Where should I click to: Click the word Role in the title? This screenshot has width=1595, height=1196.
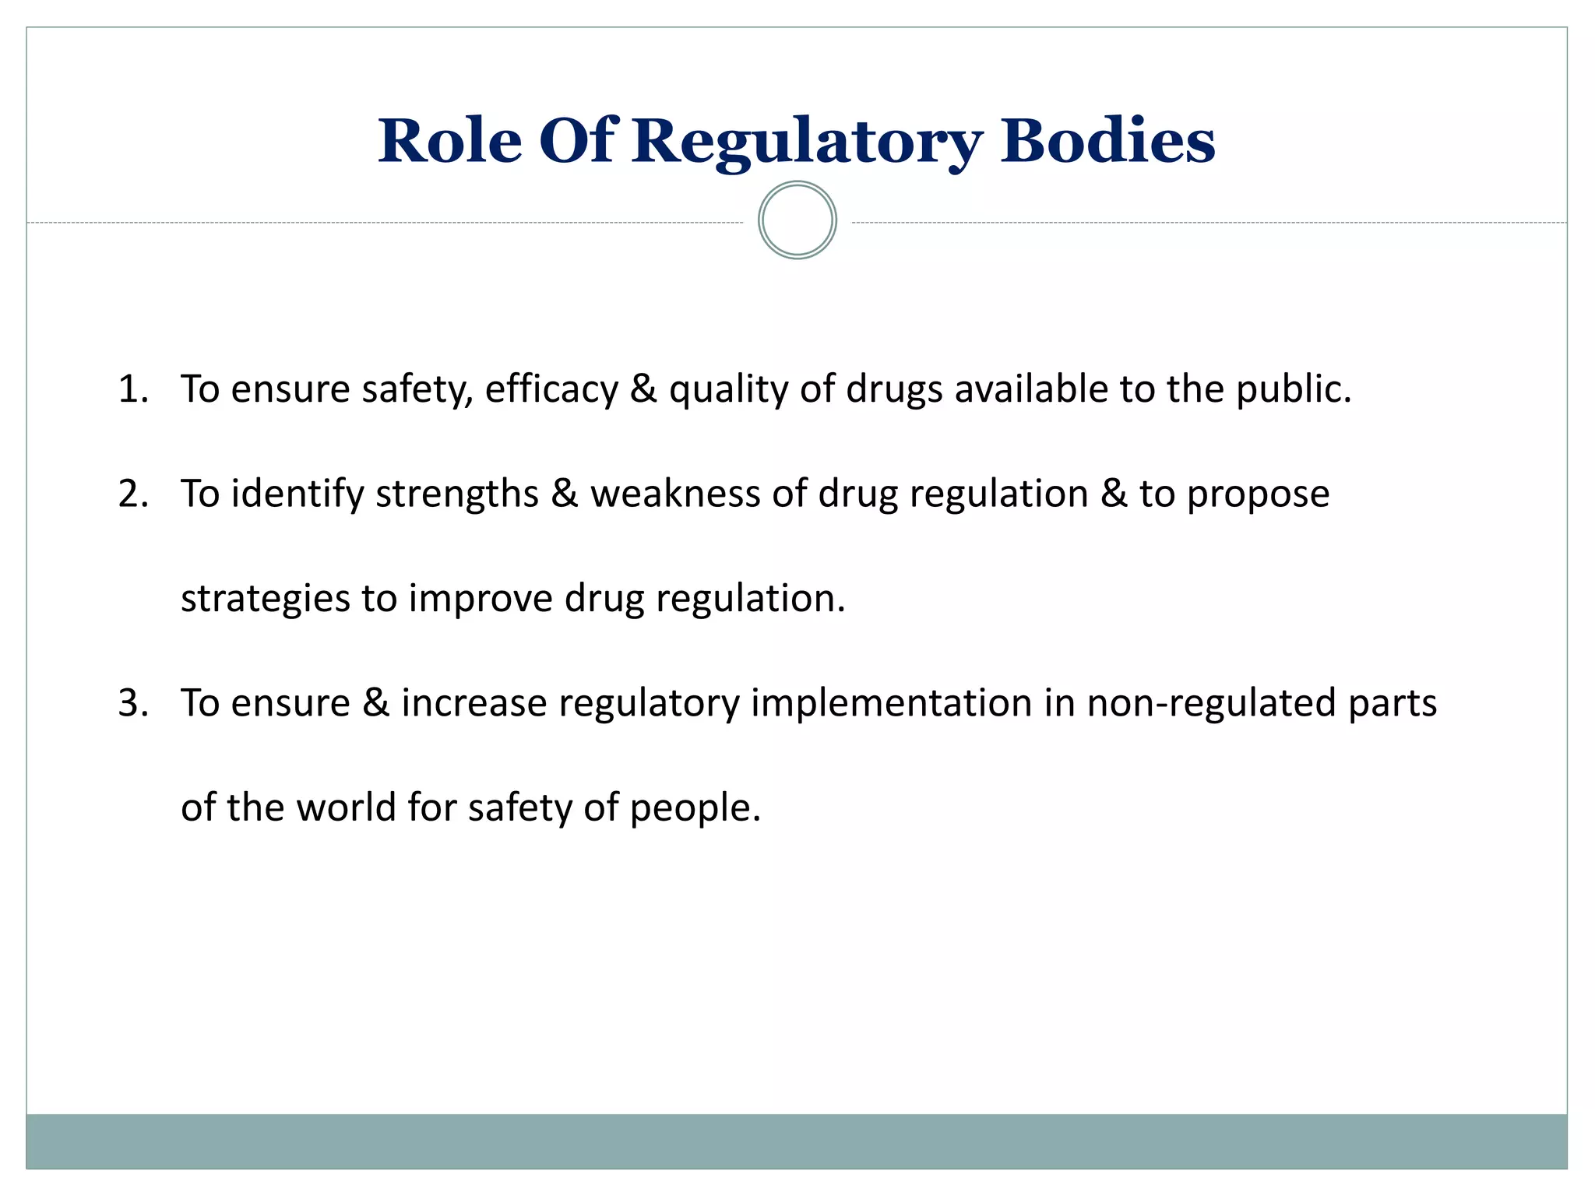click(x=449, y=142)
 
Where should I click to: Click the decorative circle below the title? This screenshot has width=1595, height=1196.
click(x=797, y=220)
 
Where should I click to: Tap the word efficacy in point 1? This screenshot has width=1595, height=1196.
click(x=551, y=389)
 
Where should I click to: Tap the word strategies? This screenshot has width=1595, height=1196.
click(x=266, y=600)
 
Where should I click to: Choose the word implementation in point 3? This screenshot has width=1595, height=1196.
click(x=891, y=703)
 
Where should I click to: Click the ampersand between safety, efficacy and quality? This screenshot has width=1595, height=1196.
click(x=643, y=389)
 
